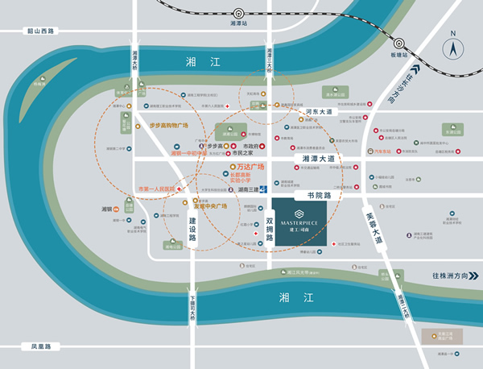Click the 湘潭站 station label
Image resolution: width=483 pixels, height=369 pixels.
click(x=240, y=24)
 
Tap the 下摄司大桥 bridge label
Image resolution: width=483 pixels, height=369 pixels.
click(x=192, y=310)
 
